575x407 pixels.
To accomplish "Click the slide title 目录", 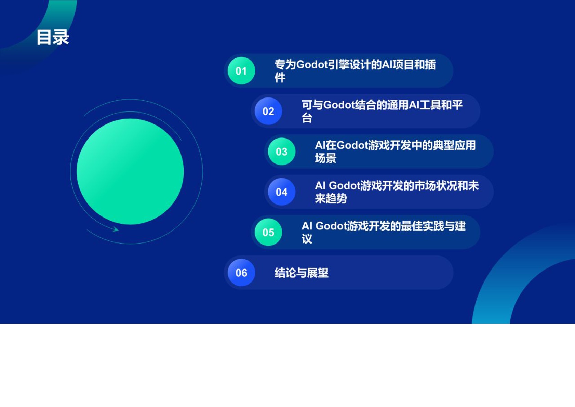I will click(53, 37).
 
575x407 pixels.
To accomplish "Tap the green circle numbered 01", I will click(241, 71).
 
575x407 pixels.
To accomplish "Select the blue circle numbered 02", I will click(268, 111).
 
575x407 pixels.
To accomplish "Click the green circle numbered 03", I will click(282, 152).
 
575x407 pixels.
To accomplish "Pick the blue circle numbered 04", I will click(282, 192).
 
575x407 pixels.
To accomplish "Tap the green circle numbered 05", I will click(268, 232).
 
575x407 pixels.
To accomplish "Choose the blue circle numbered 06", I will click(241, 273).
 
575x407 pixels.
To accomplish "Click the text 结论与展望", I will click(302, 273).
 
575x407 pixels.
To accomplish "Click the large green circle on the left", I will click(130, 171).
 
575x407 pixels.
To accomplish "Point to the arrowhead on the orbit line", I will click(116, 229).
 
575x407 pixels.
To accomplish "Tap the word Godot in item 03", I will click(352, 145).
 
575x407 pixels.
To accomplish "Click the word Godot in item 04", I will click(345, 186).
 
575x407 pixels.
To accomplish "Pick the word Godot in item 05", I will click(331, 226).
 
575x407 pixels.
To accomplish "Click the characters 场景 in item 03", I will click(325, 158).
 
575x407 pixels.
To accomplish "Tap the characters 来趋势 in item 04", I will click(331, 199).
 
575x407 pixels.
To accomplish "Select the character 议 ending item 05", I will click(307, 239).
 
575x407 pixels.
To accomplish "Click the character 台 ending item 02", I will click(307, 118).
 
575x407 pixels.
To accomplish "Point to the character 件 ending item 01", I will click(280, 78).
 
